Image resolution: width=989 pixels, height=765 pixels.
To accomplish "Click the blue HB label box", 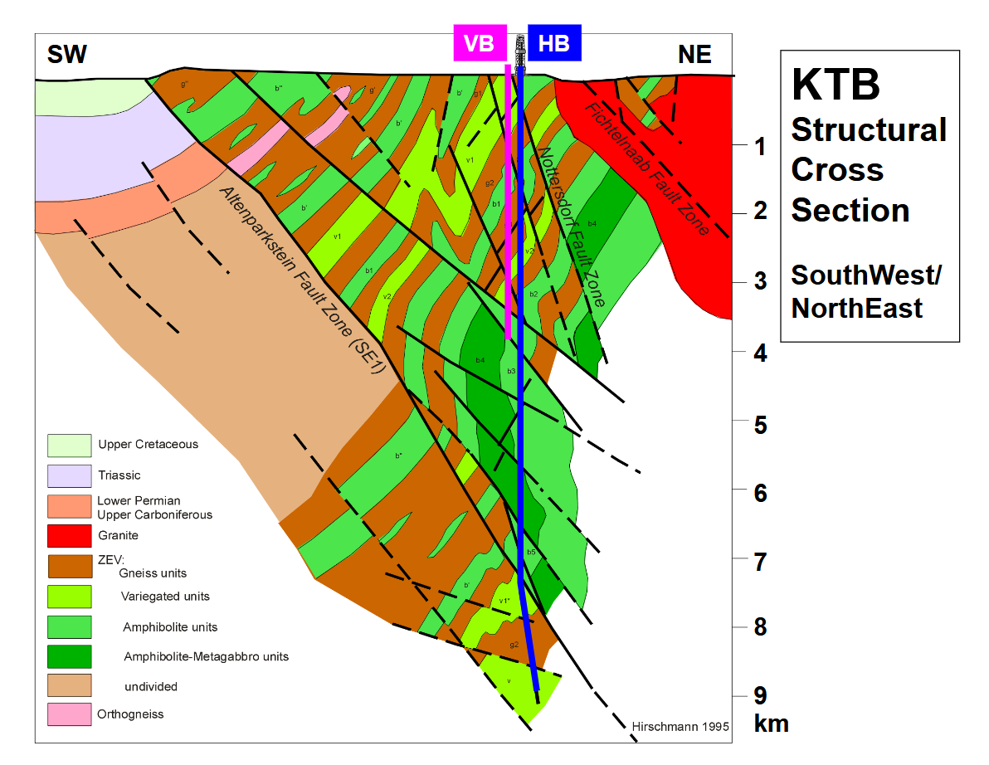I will [x=554, y=44].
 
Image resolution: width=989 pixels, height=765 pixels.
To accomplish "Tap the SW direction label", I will [x=67, y=56].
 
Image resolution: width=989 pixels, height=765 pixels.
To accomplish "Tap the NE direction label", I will [x=694, y=56].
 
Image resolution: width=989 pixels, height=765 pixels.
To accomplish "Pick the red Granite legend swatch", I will [x=68, y=536].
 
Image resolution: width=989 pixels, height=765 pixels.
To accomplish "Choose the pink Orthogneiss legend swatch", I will [x=68, y=714].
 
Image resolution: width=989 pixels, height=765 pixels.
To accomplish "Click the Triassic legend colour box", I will [x=68, y=475].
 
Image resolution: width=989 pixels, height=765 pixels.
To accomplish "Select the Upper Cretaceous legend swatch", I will [x=68, y=445].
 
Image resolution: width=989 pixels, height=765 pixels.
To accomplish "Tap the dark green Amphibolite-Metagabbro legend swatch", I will [x=68, y=656].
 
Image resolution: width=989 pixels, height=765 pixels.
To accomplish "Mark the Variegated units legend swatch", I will [x=68, y=597].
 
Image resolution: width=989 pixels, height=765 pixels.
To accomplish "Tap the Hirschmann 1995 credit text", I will [x=680, y=726].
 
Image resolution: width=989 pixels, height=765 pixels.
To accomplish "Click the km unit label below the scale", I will [x=771, y=724].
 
